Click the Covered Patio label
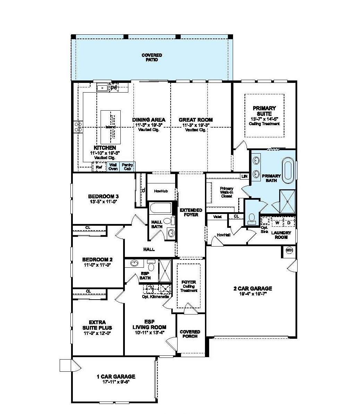click(x=152, y=58)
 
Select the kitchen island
click(x=111, y=127)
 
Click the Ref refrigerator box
click(x=99, y=167)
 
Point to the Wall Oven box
click(x=113, y=167)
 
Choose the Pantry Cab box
click(x=127, y=167)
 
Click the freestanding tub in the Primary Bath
click(x=288, y=170)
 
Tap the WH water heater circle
click(x=289, y=250)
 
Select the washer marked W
click(x=277, y=222)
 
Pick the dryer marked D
click(x=289, y=222)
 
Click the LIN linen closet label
click(x=245, y=176)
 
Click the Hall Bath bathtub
click(x=160, y=208)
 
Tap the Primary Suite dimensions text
click(x=264, y=119)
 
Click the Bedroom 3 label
click(x=101, y=196)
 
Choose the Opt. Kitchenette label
click(x=155, y=297)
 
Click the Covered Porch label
click(x=190, y=334)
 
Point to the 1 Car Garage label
click(x=116, y=377)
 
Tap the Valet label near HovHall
click(x=217, y=217)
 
